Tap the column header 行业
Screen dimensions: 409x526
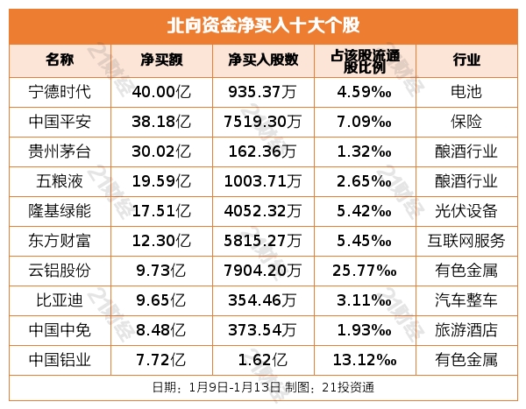466,60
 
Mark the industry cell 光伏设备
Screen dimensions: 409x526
466,211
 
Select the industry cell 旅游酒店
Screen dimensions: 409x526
466,330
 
